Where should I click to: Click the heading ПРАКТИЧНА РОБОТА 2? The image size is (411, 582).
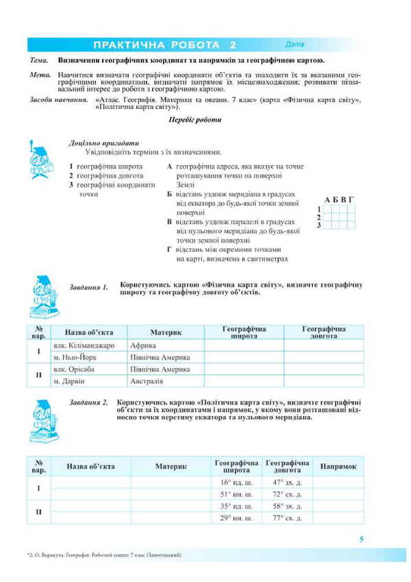coord(164,45)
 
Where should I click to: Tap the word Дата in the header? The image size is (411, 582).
coord(296,45)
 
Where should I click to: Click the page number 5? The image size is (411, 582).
coord(362,539)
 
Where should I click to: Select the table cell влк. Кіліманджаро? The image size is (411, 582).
coord(84,345)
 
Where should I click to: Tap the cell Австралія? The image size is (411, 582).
coord(147,380)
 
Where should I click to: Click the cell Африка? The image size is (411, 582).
coord(143,345)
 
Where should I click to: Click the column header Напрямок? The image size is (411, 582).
coord(338,466)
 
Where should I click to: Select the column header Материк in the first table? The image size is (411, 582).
coord(166,332)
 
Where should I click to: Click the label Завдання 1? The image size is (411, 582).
coord(89,288)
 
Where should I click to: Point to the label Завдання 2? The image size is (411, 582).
coord(89,402)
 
